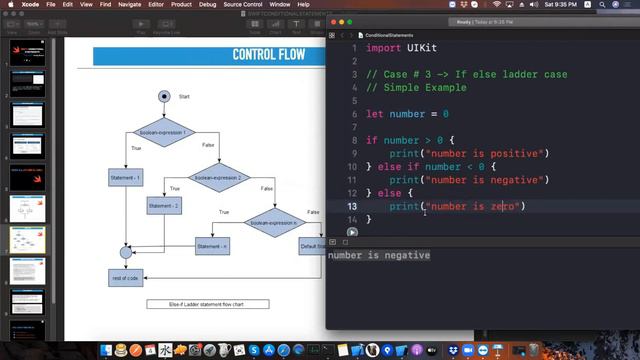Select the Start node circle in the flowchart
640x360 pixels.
coord(165,96)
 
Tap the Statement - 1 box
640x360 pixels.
coord(126,177)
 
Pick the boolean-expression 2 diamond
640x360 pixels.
coord(231,176)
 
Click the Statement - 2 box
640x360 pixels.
coord(164,206)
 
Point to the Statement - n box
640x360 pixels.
coord(212,245)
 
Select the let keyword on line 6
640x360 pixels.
coord(374,114)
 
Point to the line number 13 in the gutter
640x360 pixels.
coord(352,206)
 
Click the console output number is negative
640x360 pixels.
coord(379,255)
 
